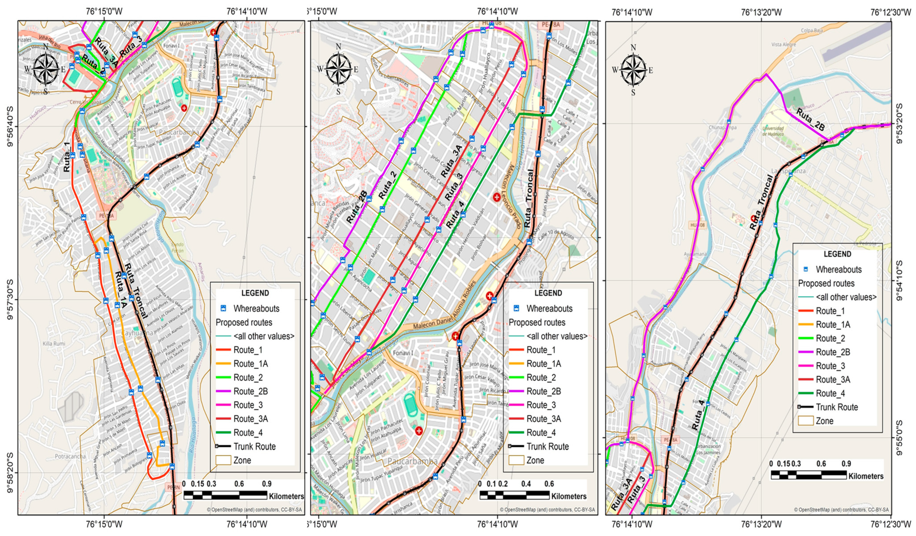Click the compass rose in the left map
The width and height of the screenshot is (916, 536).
tap(45, 68)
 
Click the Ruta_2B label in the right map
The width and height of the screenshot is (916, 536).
tap(810, 120)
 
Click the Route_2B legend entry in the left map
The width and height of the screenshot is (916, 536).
tap(251, 391)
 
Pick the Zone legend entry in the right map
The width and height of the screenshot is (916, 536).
tap(824, 421)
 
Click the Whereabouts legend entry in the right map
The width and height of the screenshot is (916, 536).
tap(838, 270)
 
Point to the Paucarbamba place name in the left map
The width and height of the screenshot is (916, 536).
tap(179, 132)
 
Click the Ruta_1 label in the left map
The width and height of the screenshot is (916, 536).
tap(67, 157)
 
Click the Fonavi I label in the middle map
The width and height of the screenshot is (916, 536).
tap(403, 353)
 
